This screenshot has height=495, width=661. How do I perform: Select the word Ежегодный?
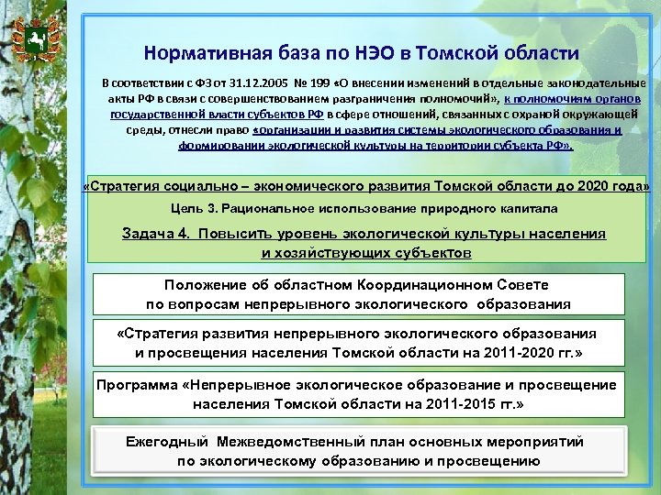[166, 442]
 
